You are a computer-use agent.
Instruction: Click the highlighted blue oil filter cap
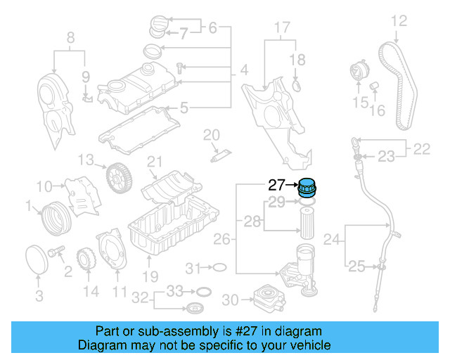[307, 189]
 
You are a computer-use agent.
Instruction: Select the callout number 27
[276, 186]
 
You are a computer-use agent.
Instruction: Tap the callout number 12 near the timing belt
[399, 21]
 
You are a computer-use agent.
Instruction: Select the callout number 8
[70, 37]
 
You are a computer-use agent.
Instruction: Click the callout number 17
[281, 28]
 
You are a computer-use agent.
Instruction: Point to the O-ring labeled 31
[218, 267]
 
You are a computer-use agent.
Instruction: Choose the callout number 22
[421, 148]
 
